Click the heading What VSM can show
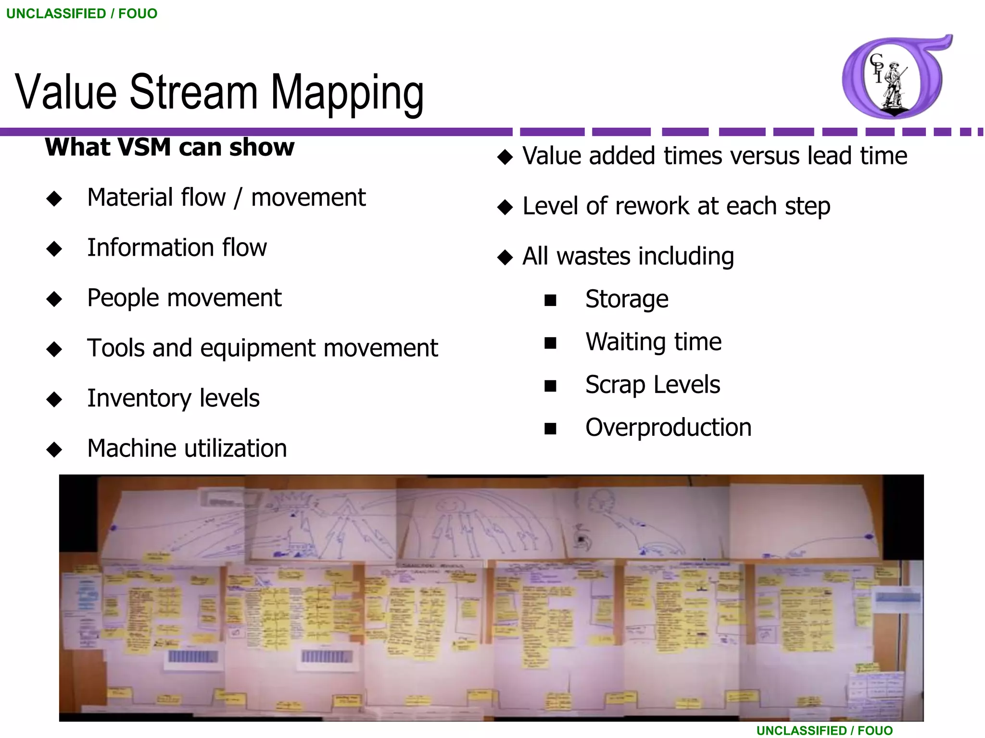click(169, 147)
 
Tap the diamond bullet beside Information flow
click(54, 248)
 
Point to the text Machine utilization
click(187, 448)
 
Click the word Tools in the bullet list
click(116, 348)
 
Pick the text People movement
click(184, 298)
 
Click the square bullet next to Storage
click(550, 301)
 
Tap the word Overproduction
click(668, 427)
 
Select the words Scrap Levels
click(653, 384)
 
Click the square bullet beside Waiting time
click(550, 343)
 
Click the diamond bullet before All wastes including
click(505, 258)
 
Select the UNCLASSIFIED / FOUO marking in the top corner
click(82, 13)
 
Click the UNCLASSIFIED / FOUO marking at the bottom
click(824, 730)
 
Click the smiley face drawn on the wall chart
click(448, 504)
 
